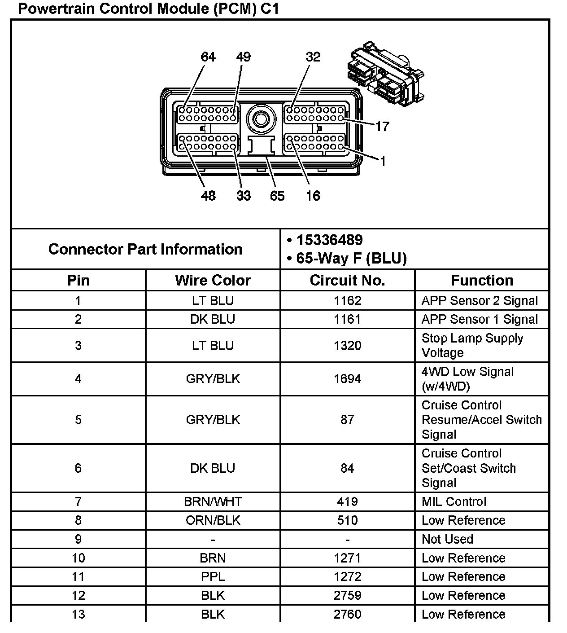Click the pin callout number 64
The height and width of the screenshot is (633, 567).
[208, 57]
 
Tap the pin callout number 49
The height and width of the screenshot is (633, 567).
[243, 57]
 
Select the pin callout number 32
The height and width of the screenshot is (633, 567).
[313, 57]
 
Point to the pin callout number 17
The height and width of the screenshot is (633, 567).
[382, 127]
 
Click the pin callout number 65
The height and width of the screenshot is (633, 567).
[277, 196]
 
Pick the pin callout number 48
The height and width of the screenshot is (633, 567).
[208, 196]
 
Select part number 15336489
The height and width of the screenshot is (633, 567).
[330, 240]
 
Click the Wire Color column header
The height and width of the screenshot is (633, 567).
[213, 280]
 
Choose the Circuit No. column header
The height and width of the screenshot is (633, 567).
[347, 280]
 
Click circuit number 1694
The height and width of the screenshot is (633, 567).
[347, 379]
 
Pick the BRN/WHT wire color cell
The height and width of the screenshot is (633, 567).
[213, 501]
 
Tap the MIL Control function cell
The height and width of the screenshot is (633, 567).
[454, 501]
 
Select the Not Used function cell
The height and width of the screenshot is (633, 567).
[447, 539]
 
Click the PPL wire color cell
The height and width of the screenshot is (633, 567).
[213, 576]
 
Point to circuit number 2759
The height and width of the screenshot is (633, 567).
[347, 595]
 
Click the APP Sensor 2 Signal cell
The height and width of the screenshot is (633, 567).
[480, 301]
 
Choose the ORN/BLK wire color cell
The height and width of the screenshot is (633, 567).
[213, 520]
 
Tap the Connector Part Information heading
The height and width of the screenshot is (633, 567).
[145, 249]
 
